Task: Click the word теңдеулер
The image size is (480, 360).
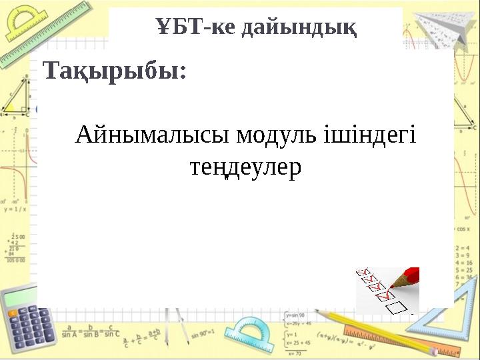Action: (246, 168)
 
